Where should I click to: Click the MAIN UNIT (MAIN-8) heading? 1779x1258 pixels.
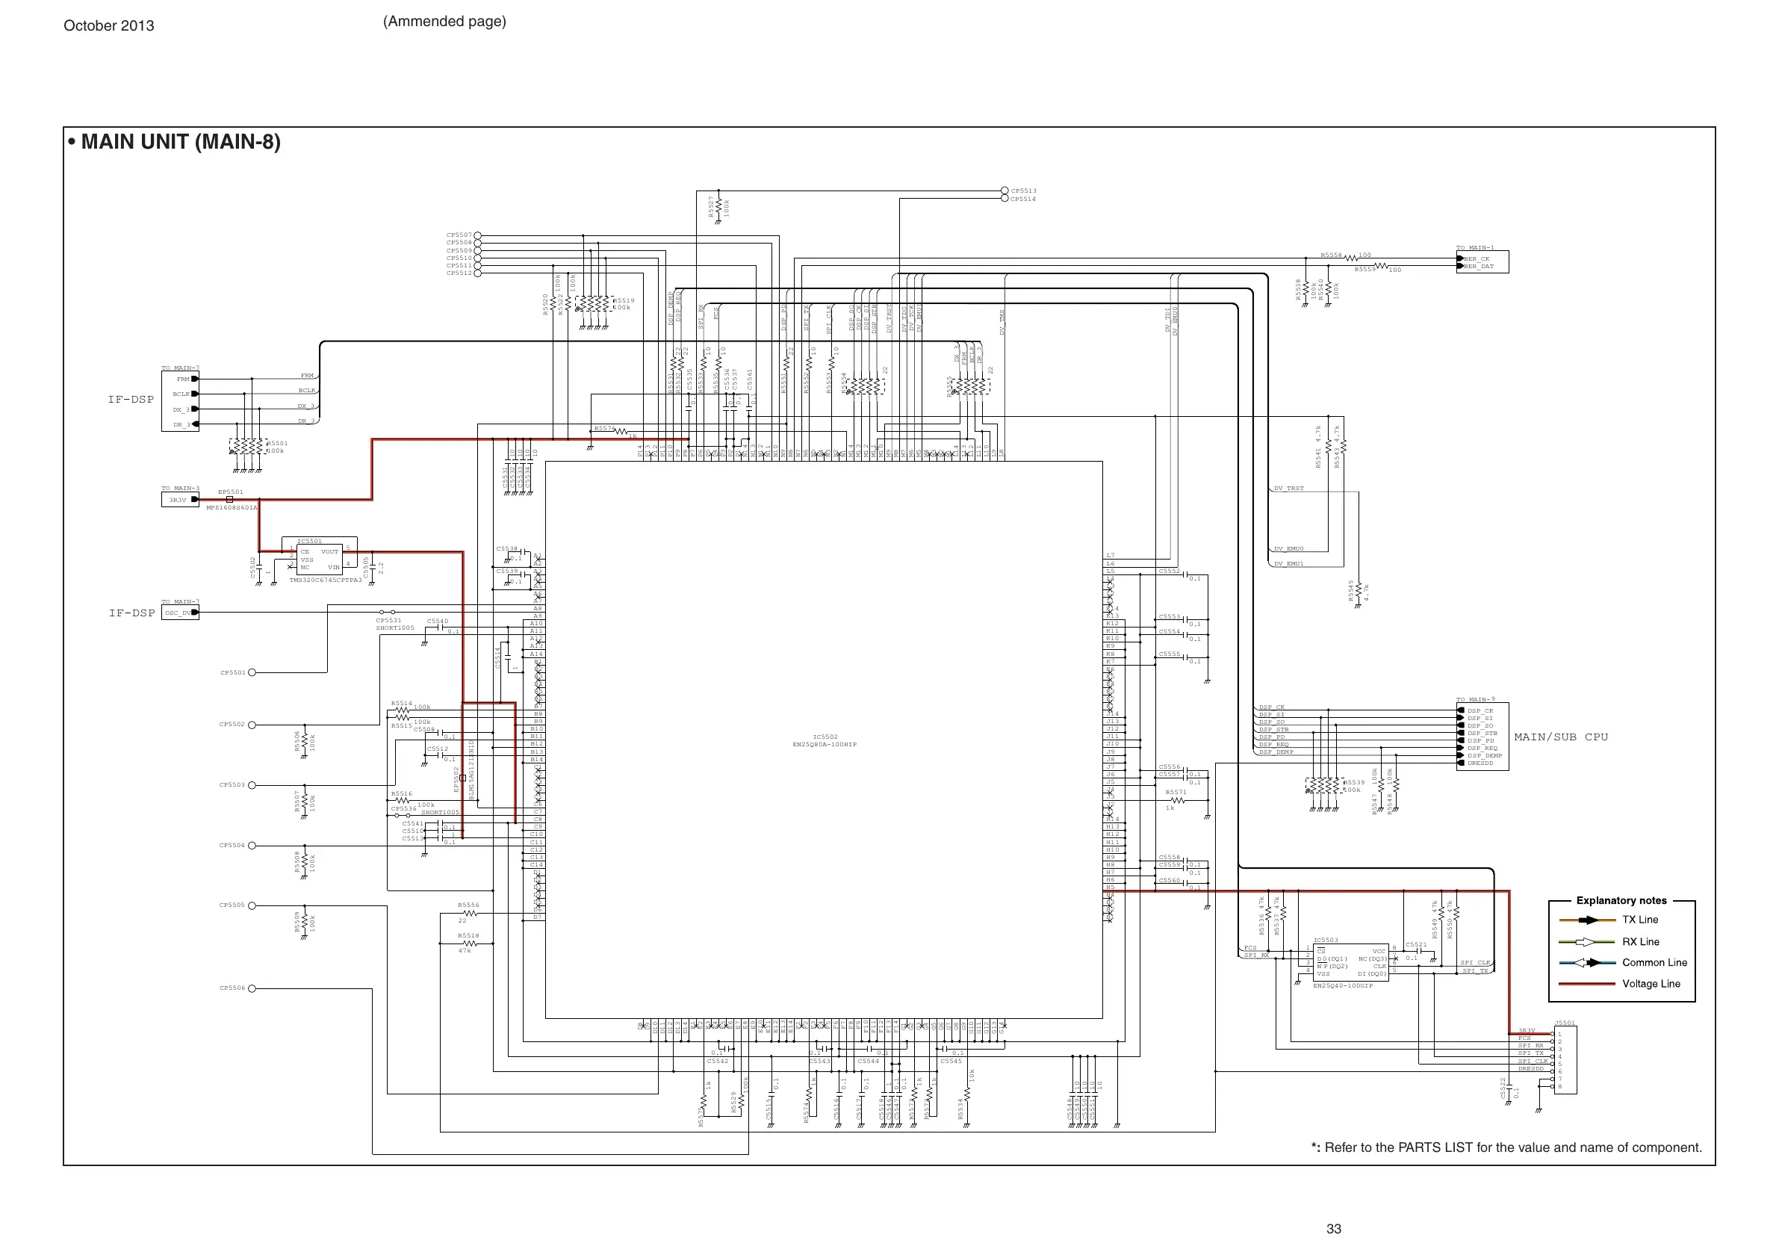point(180,143)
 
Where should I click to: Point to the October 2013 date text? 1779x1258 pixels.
point(108,25)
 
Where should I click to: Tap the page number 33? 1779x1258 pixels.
point(1333,1229)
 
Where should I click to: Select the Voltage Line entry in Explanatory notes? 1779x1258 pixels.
point(1651,984)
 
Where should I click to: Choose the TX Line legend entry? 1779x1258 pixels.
point(1640,920)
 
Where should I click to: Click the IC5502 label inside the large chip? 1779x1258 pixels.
point(825,737)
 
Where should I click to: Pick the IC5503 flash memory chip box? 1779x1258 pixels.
point(1350,963)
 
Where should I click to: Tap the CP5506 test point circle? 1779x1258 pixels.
point(252,988)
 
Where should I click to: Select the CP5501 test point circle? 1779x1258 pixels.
point(252,673)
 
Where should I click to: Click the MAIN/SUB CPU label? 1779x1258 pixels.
point(1560,737)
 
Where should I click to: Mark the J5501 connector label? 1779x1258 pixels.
point(1565,1023)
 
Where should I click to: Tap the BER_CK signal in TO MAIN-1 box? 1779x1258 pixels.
point(1476,259)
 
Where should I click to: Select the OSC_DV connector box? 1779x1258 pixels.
point(180,613)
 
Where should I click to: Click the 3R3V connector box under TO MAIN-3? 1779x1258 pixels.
point(179,500)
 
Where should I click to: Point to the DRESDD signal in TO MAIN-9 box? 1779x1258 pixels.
point(1480,763)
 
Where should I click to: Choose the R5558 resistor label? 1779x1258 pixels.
point(1331,254)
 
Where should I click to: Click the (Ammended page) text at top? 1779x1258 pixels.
point(444,22)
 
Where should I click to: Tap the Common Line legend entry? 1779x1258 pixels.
point(1654,963)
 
